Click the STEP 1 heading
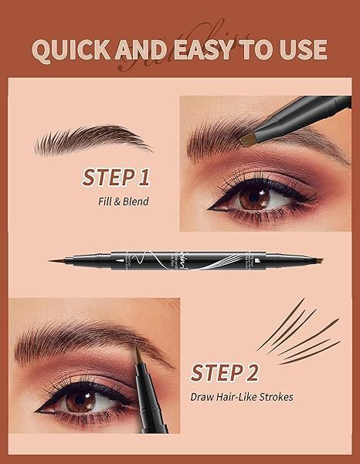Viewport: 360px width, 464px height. coord(115,179)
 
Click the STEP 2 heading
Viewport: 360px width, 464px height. coord(225,373)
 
